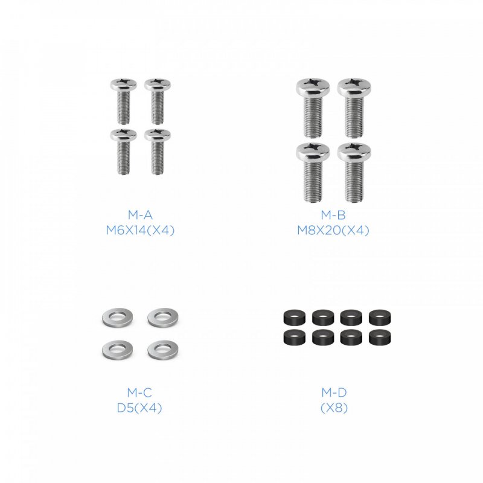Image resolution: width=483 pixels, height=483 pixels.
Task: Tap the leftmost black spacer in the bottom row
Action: (293, 337)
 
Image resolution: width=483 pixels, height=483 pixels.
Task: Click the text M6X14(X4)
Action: (139, 230)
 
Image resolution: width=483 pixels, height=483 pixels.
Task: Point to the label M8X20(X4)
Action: (333, 230)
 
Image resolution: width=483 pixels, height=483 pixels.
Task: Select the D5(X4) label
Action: (139, 408)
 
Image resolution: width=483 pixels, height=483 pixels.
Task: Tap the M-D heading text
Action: (333, 393)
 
